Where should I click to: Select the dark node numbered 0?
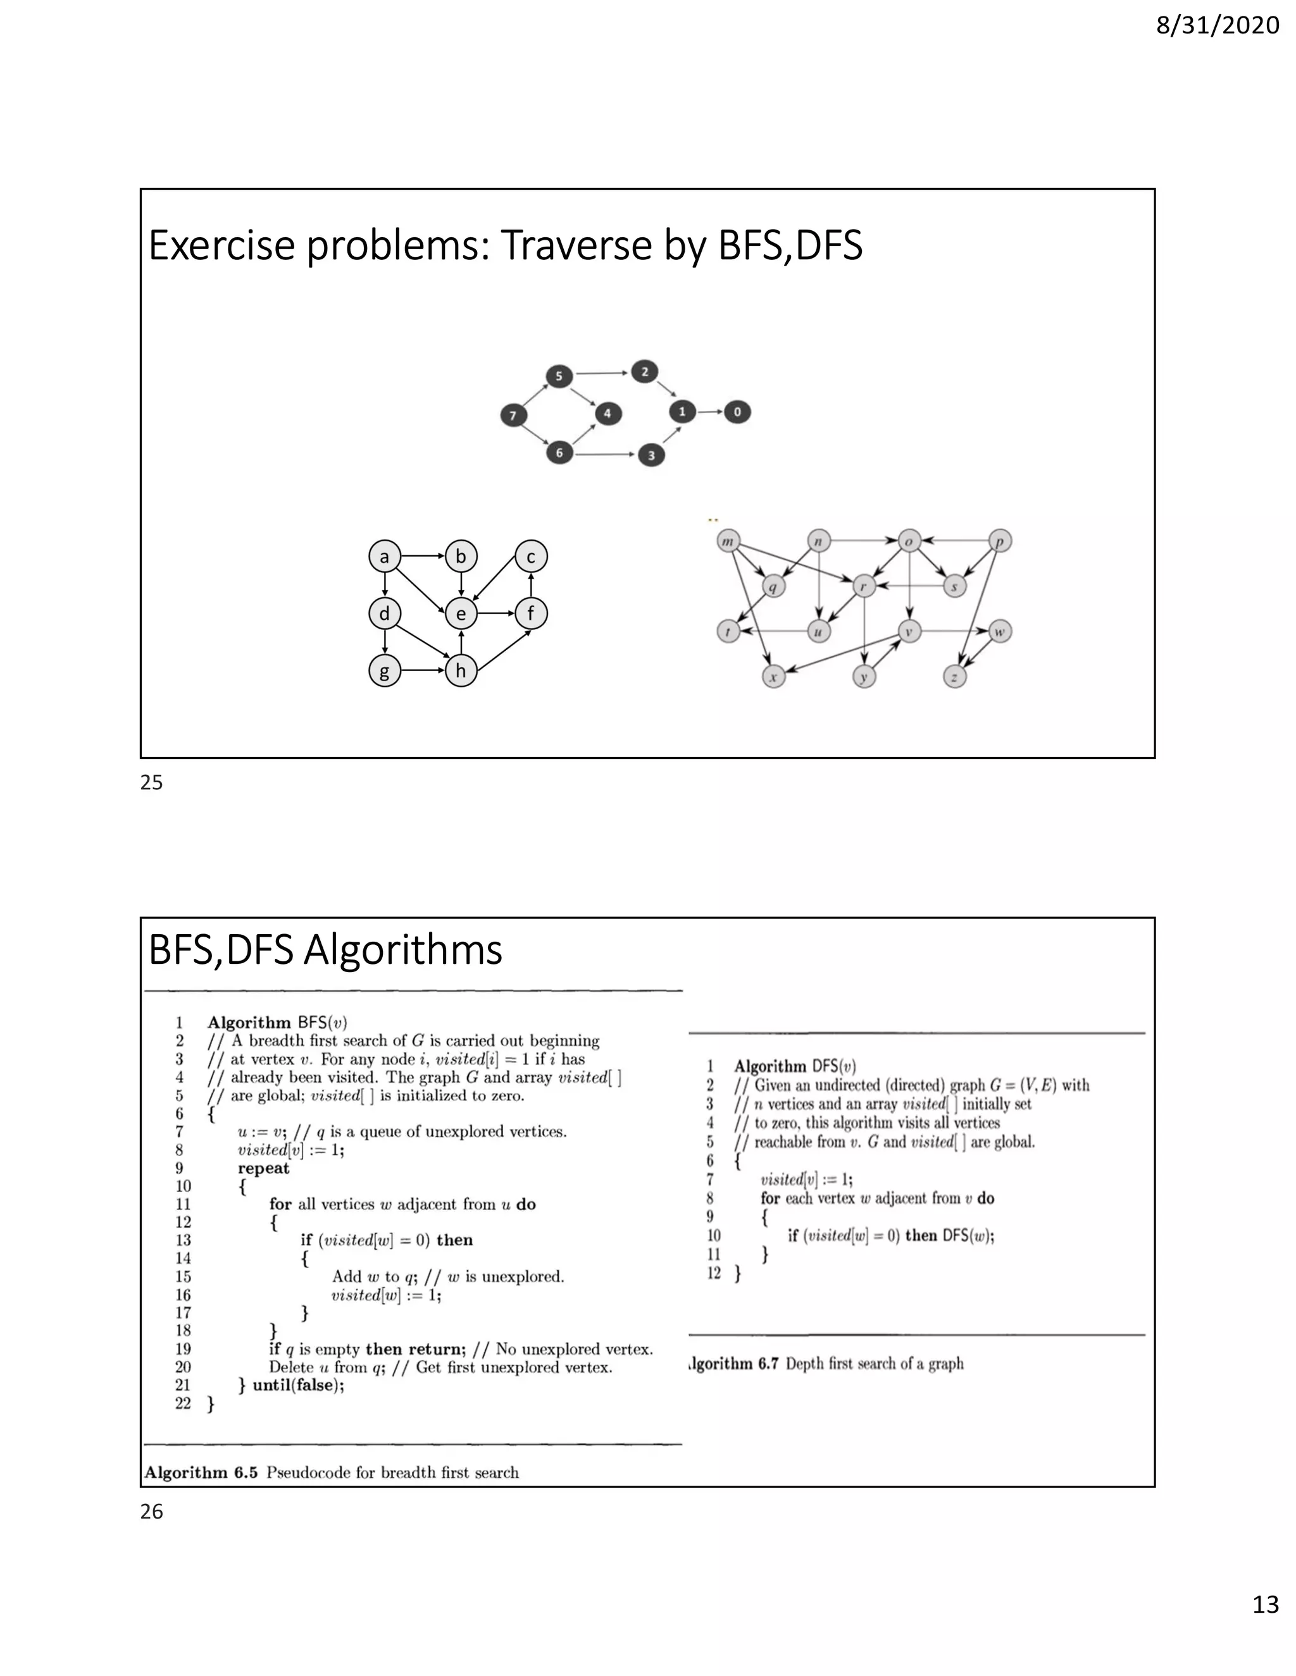(x=737, y=412)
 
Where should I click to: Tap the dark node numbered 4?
(x=607, y=414)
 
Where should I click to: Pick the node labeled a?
(x=385, y=557)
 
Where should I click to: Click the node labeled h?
(x=461, y=670)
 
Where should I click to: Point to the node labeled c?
(x=530, y=557)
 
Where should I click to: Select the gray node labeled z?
(x=954, y=677)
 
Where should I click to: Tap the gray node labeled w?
(x=999, y=632)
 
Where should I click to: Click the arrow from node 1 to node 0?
(x=709, y=412)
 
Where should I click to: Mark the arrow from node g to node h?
(x=422, y=670)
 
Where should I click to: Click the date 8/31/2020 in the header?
(x=1217, y=26)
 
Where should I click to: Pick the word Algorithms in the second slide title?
(x=402, y=950)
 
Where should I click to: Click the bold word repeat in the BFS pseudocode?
(x=263, y=1168)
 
